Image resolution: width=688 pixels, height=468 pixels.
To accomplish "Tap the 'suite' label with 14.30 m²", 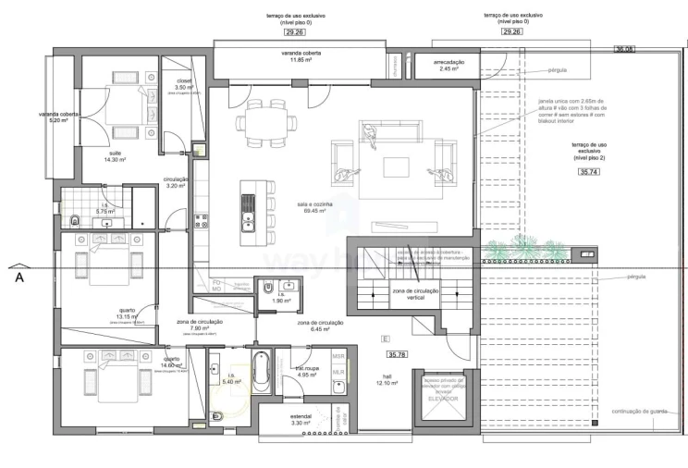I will (116, 156).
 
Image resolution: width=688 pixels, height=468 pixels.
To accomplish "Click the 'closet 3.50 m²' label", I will (183, 84).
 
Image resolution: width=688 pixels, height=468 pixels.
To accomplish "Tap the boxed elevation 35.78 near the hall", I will (398, 354).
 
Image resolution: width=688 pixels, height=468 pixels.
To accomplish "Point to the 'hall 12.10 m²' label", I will (387, 379).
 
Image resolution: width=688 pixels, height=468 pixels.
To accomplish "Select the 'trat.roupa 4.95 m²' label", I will (307, 371).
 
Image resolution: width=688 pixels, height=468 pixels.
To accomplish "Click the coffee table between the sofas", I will (397, 166).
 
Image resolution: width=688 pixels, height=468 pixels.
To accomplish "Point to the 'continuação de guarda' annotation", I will (639, 412).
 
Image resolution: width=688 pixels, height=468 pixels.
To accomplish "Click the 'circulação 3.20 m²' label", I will (177, 182).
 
